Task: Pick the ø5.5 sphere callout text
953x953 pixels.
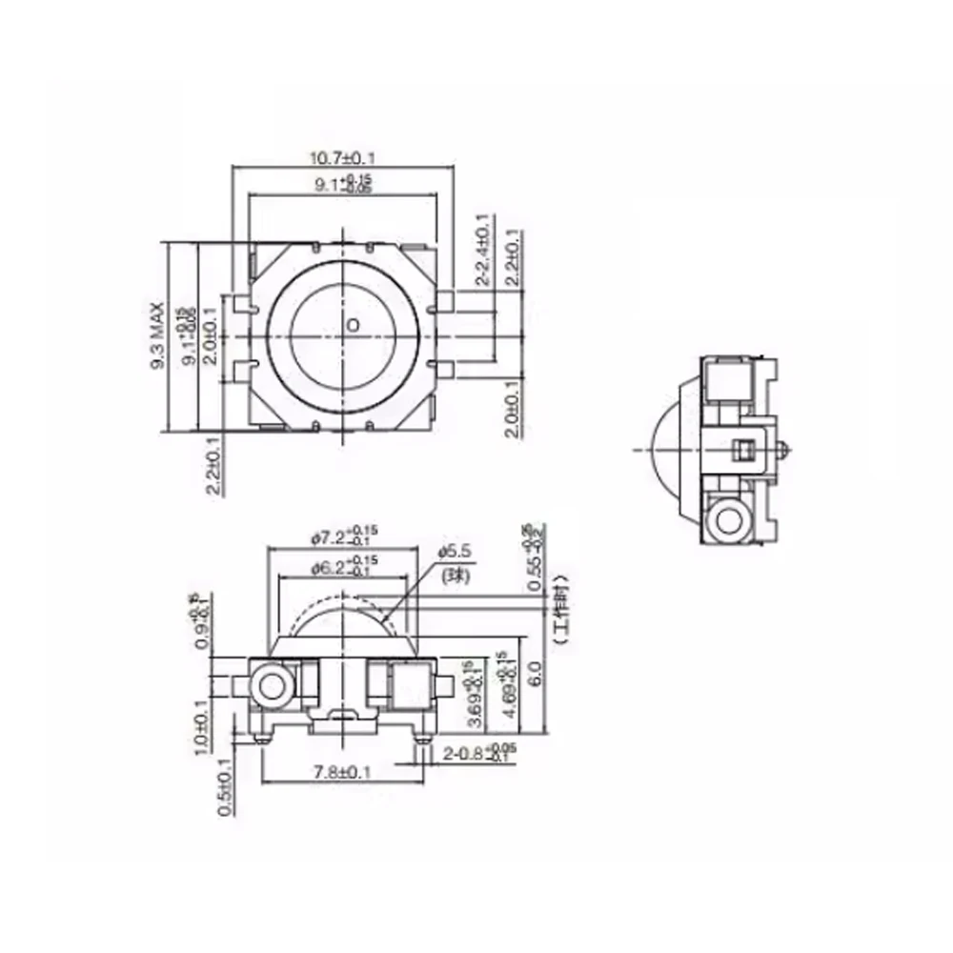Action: point(455,551)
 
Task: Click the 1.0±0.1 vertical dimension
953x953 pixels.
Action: point(201,728)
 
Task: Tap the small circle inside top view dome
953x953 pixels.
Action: point(353,326)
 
